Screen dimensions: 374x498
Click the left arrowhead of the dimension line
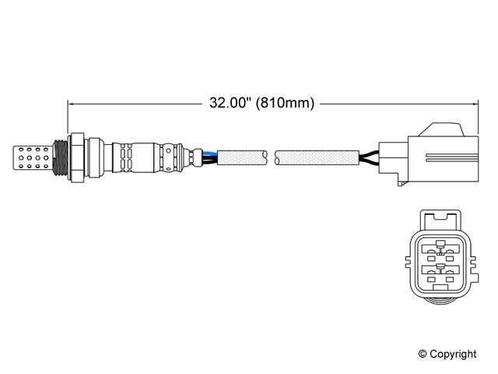[72, 103]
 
